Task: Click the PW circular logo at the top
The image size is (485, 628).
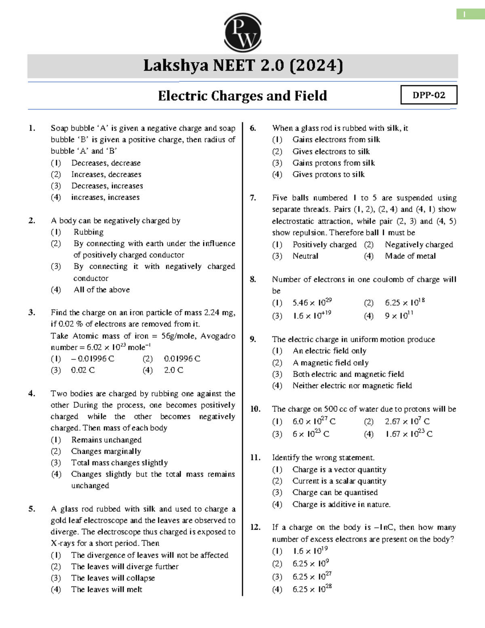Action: pyautogui.click(x=242, y=32)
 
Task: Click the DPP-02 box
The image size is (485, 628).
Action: pyautogui.click(x=429, y=95)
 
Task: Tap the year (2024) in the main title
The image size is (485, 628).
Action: pyautogui.click(x=316, y=66)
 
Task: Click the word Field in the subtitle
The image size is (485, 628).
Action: pyautogui.click(x=310, y=96)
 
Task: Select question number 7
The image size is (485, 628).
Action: pyautogui.click(x=253, y=198)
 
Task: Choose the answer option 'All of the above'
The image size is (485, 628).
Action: pyautogui.click(x=101, y=290)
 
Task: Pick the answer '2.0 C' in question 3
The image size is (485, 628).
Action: pyautogui.click(x=173, y=370)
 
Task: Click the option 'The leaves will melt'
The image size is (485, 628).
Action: pyautogui.click(x=107, y=589)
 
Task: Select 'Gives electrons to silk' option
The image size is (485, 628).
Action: pyautogui.click(x=331, y=151)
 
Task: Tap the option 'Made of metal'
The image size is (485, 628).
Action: pyautogui.click(x=410, y=256)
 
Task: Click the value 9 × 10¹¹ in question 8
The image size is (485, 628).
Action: pyautogui.click(x=399, y=315)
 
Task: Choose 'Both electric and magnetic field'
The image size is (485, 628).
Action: pyautogui.click(x=348, y=374)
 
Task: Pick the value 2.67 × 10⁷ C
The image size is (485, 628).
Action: pyautogui.click(x=407, y=421)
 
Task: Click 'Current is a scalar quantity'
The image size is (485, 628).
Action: pyautogui.click(x=339, y=481)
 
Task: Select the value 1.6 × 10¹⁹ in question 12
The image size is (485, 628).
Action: pyautogui.click(x=310, y=551)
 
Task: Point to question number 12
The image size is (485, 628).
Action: pyautogui.click(x=255, y=527)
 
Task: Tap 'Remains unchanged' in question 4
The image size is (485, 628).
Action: pyautogui.click(x=106, y=440)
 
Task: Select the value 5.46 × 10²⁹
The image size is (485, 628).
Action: pyautogui.click(x=312, y=302)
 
